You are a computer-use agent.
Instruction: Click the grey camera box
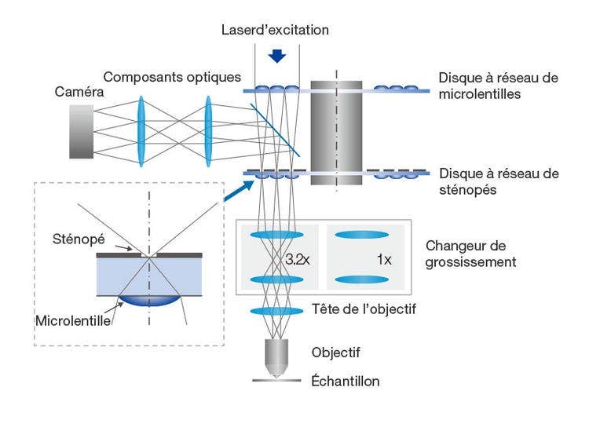tap(80, 130)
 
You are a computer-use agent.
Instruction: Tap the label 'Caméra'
tap(79, 92)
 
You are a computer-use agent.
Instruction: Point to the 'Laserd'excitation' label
tap(276, 30)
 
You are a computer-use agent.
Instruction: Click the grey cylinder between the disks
tap(336, 132)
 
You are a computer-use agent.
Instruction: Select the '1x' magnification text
tap(384, 258)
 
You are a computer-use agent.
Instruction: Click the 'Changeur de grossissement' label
tap(470, 254)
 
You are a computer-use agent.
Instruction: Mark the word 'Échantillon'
tap(346, 382)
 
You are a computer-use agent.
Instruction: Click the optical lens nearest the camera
tap(142, 130)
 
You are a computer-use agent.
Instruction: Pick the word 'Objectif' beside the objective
tap(335, 353)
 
